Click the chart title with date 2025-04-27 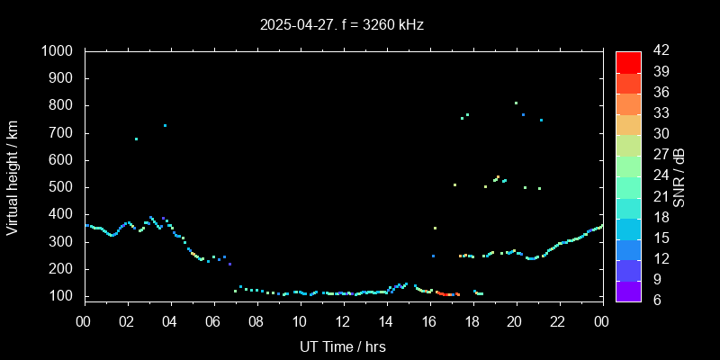pyautogui.click(x=341, y=25)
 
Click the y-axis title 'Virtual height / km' pyautogui.click(x=13, y=177)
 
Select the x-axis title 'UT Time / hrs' pyautogui.click(x=342, y=346)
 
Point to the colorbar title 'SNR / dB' pyautogui.click(x=679, y=177)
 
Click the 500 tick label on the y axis pyautogui.click(x=66, y=187)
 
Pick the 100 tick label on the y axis pyautogui.click(x=66, y=296)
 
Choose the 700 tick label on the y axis pyautogui.click(x=66, y=133)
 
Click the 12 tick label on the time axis pyautogui.click(x=343, y=321)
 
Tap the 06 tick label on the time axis pyautogui.click(x=213, y=321)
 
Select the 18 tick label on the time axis pyautogui.click(x=472, y=321)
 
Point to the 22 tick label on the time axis pyautogui.click(x=559, y=321)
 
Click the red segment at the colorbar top pyautogui.click(x=628, y=61)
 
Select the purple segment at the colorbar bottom pyautogui.click(x=628, y=290)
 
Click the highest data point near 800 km pyautogui.click(x=516, y=103)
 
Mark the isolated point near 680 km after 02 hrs pyautogui.click(x=136, y=139)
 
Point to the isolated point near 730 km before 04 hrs pyautogui.click(x=165, y=125)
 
